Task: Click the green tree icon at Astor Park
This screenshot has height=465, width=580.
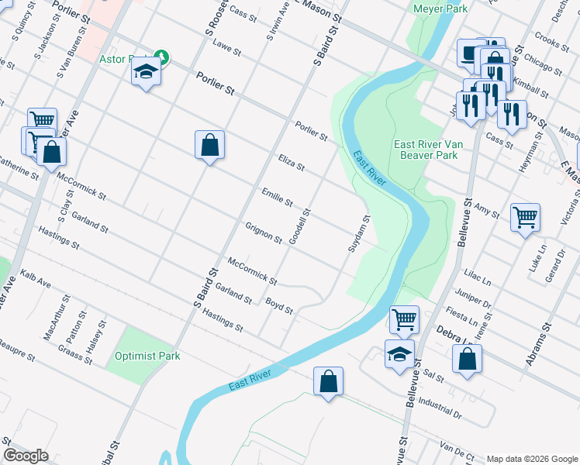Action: coord(161,57)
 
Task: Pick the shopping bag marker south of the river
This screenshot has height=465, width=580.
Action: coord(328,381)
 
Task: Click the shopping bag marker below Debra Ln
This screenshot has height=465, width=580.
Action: coord(467,359)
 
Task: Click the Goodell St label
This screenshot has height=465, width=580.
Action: coord(299,227)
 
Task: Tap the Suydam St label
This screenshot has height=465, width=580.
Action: coord(357,233)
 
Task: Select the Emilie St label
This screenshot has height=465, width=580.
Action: coord(277,198)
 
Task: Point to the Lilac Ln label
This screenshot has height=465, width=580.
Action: coord(475,276)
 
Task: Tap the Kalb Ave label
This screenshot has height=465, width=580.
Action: coord(36,278)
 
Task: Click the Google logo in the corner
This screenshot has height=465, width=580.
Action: coord(26,456)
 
